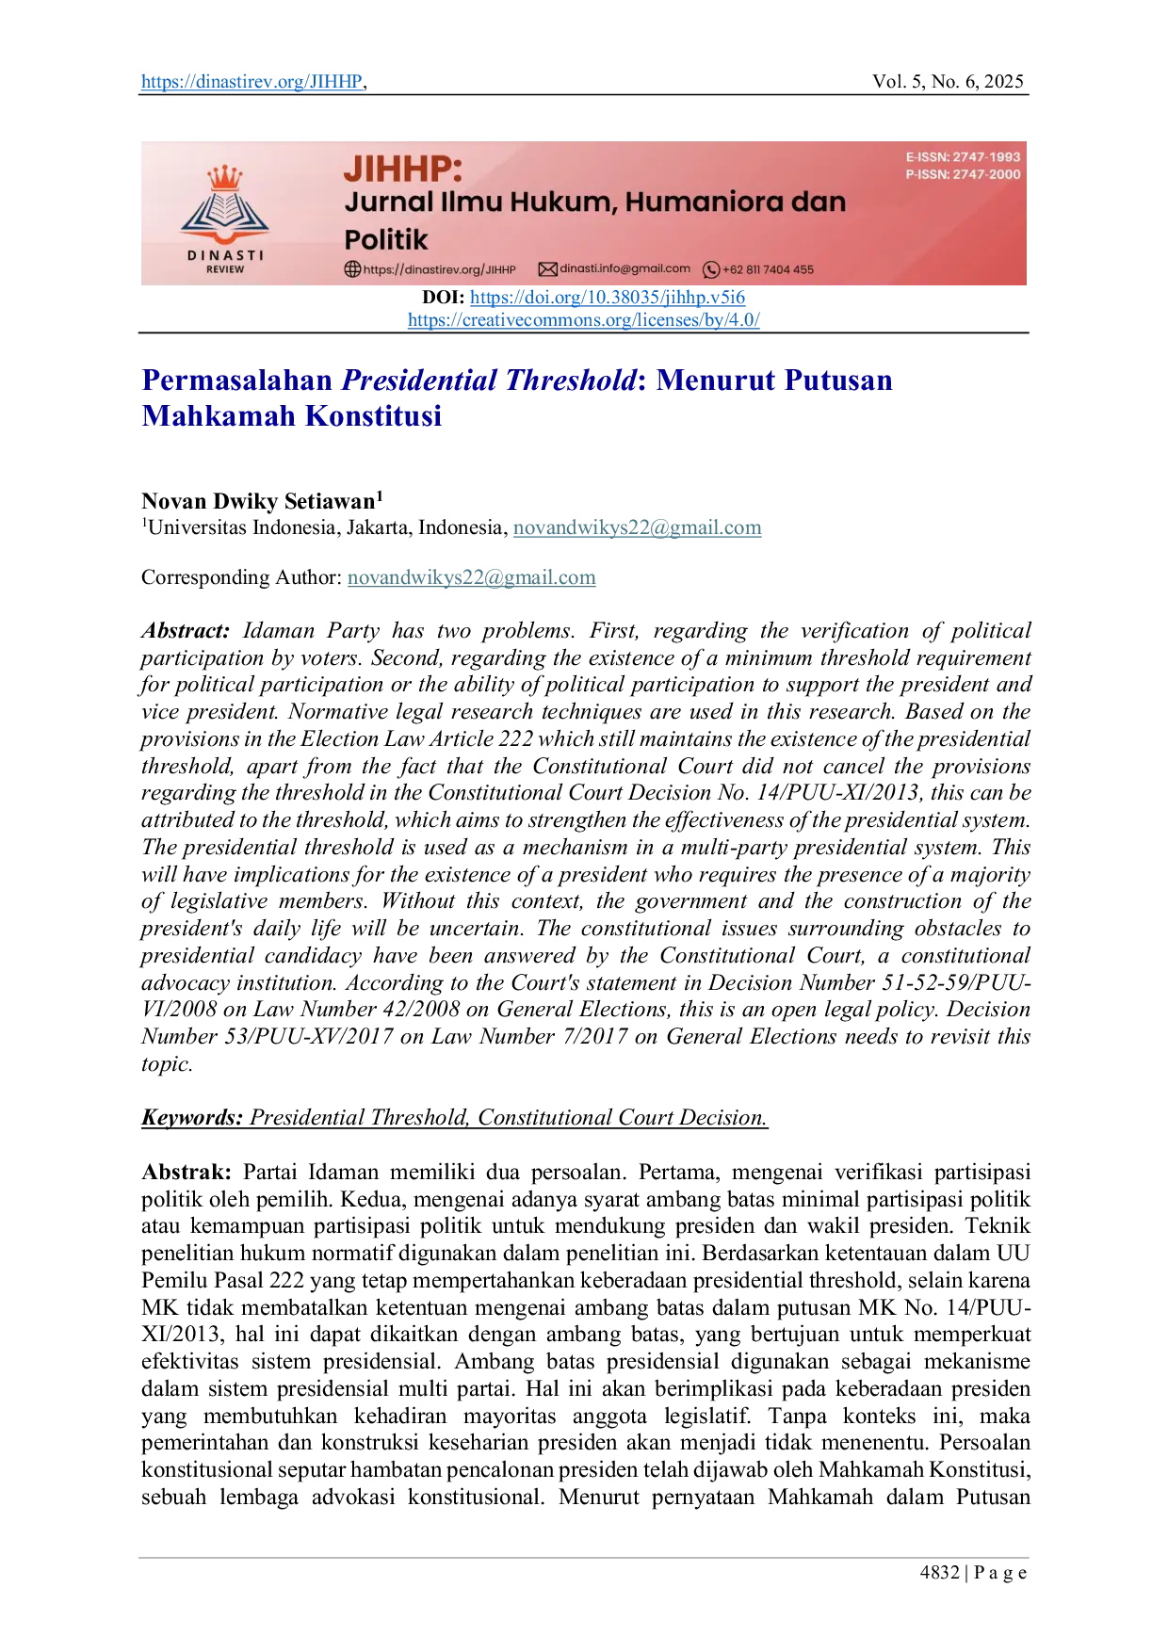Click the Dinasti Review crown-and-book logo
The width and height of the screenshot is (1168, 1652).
click(225, 219)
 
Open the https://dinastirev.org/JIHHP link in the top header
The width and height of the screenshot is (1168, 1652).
click(251, 82)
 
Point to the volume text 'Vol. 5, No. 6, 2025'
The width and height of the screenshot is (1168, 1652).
click(948, 82)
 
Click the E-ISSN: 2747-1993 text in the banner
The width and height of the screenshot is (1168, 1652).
click(963, 157)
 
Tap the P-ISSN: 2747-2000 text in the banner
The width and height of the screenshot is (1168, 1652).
click(963, 174)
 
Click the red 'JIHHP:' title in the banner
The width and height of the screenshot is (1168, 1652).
click(403, 170)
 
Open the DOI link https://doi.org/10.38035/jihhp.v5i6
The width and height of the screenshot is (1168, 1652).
click(608, 298)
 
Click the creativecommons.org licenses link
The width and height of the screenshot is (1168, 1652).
click(584, 320)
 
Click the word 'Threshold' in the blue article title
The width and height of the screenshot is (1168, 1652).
click(571, 381)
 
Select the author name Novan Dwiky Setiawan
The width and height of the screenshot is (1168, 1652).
click(258, 501)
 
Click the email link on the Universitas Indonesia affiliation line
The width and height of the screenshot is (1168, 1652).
click(638, 527)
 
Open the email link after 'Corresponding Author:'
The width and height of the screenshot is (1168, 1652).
click(472, 577)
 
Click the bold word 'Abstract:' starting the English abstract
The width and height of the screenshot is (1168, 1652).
click(186, 631)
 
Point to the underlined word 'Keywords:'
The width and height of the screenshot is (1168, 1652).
click(192, 1118)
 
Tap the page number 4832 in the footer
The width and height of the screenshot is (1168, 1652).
click(940, 1572)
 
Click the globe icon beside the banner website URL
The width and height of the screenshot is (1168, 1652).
click(352, 269)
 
